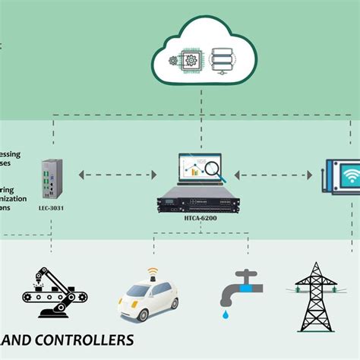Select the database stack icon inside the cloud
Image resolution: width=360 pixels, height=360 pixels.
[x=223, y=58]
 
